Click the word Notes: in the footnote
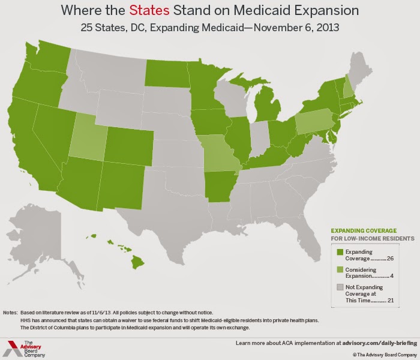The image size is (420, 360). [10, 313]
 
